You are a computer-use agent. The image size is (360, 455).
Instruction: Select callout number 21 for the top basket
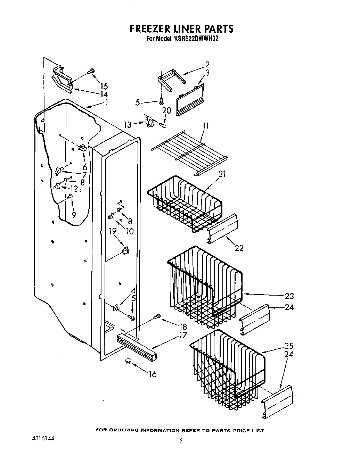(222, 174)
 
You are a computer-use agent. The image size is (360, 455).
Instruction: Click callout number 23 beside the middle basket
(289, 296)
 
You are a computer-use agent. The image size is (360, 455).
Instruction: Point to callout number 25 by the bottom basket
(288, 346)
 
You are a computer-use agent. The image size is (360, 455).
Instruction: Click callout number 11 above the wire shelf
(205, 126)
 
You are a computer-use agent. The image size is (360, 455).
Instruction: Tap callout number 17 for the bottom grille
(183, 336)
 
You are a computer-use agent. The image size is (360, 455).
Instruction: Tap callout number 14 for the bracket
(104, 94)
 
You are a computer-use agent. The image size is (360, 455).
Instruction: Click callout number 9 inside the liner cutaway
(74, 215)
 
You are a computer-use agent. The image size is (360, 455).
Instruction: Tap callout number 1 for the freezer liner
(107, 102)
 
